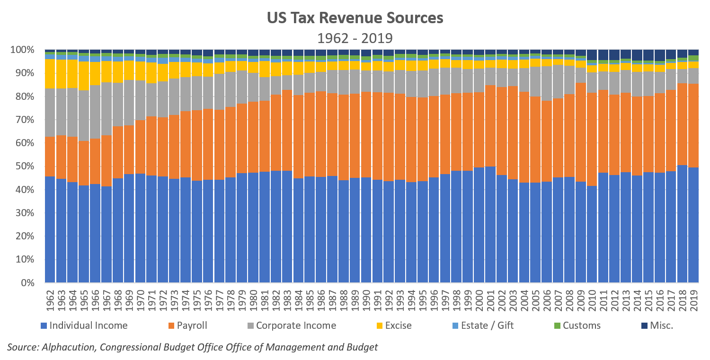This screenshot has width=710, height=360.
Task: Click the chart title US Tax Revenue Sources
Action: coord(355,18)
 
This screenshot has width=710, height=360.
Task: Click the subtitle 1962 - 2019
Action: coord(355,37)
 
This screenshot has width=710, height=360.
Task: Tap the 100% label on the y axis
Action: coord(22,50)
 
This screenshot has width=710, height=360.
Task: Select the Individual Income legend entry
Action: coord(88,325)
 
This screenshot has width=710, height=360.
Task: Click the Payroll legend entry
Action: coord(192,325)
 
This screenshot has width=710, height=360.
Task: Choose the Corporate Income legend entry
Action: coord(296,325)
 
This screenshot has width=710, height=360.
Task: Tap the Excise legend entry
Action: coord(398,325)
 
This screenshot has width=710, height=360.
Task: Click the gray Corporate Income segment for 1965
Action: coord(84,115)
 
